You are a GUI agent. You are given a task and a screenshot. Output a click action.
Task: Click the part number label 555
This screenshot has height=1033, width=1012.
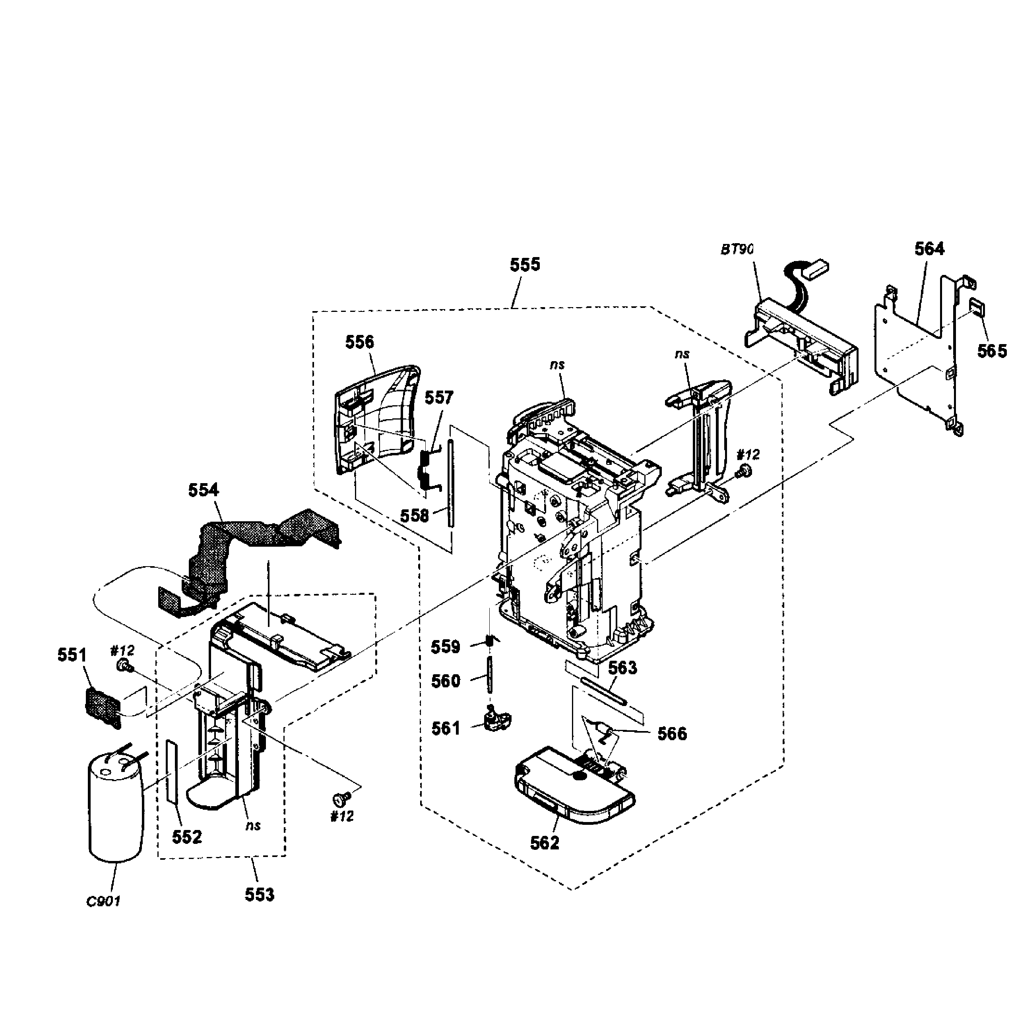(525, 265)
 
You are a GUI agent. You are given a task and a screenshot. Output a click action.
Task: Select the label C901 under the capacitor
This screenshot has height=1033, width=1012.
(104, 901)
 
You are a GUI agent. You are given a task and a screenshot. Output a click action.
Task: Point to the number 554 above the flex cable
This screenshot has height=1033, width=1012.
(203, 490)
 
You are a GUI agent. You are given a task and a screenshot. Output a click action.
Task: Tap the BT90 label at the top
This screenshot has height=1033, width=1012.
(737, 249)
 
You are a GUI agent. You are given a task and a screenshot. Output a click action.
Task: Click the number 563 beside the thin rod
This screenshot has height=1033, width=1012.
(622, 667)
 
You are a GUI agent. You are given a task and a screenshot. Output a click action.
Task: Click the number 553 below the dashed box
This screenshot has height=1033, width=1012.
(260, 894)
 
